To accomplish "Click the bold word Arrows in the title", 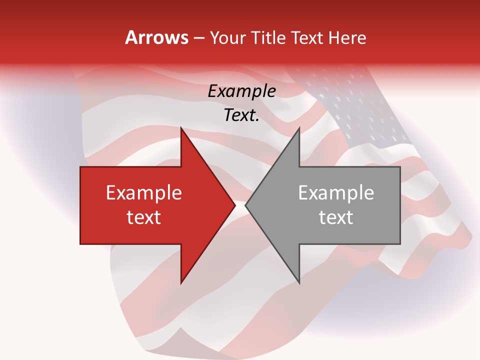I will click(157, 37).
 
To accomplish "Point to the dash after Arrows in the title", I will click(199, 38).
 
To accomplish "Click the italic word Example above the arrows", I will click(241, 91).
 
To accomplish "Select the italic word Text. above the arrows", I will click(241, 115).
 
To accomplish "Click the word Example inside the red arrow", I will click(144, 193).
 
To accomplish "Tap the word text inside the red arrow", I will click(144, 217).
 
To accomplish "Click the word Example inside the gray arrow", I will click(336, 193).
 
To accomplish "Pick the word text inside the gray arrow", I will click(336, 217).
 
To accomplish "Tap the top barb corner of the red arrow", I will click(181, 129).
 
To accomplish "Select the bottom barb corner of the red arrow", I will click(181, 282).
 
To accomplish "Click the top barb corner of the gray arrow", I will click(298, 129).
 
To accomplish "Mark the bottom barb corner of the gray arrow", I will click(298, 282).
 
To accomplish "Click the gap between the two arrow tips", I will click(240, 205).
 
